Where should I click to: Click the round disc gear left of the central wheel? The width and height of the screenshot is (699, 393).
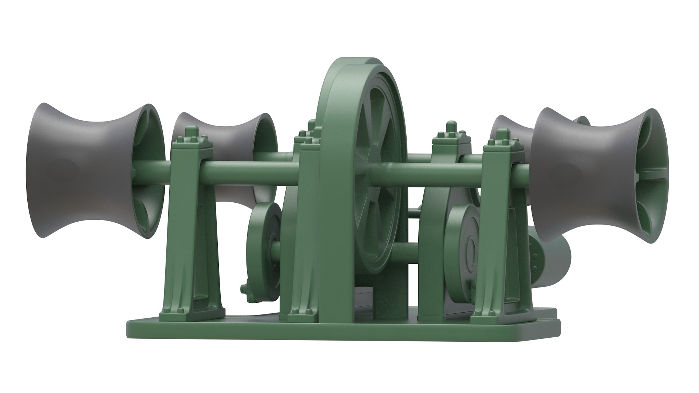262,247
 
